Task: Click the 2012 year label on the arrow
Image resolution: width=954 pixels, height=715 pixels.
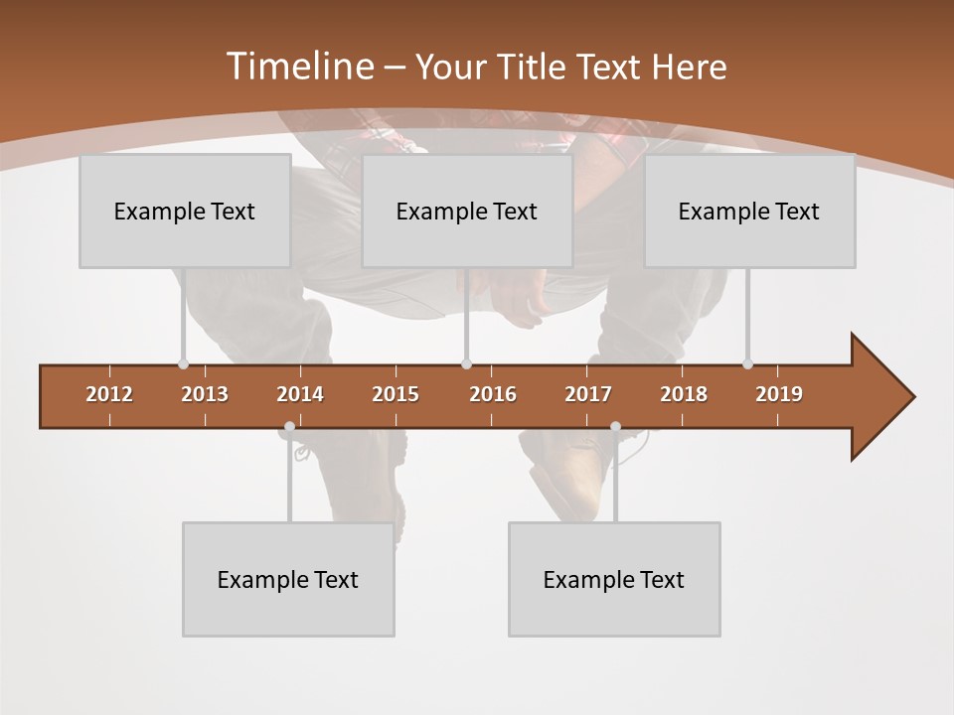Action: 109,394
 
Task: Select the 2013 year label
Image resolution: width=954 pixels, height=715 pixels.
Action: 205,394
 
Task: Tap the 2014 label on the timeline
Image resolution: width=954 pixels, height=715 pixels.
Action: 300,394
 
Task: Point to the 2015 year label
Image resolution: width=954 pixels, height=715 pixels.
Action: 396,394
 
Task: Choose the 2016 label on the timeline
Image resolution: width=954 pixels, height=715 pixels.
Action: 493,394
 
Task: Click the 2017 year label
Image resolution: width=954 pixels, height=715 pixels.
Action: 588,394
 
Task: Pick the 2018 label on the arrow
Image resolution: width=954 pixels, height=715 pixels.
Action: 684,394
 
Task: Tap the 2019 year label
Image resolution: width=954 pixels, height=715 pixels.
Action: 779,394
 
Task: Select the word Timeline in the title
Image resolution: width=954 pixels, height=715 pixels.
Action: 298,67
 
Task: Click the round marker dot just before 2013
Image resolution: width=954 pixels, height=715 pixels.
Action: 183,363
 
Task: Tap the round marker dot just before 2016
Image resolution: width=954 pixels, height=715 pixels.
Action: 466,363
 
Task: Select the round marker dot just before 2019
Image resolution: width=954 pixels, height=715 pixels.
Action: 747,363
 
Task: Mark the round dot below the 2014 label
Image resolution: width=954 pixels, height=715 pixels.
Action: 289,427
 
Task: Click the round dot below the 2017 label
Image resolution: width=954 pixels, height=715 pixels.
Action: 615,427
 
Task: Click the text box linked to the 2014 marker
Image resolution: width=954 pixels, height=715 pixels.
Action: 288,579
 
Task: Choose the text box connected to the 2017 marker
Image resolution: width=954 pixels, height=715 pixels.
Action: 614,579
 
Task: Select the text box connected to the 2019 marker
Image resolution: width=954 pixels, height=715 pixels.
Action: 749,211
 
